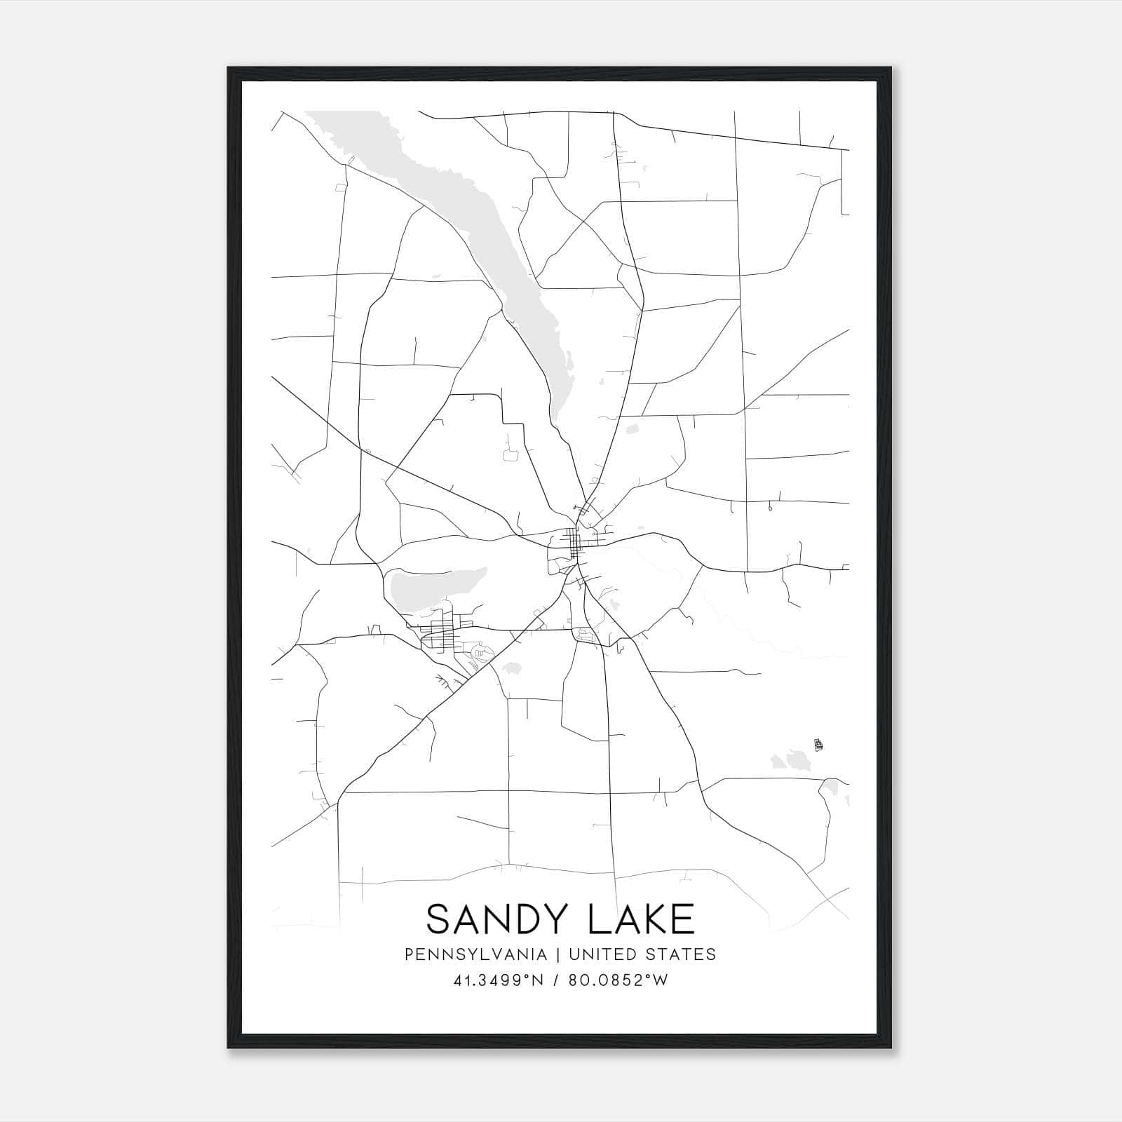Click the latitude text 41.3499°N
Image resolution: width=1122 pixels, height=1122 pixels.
[499, 980]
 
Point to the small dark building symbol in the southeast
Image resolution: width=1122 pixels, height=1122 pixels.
[818, 745]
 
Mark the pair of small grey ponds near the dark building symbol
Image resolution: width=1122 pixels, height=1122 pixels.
[790, 759]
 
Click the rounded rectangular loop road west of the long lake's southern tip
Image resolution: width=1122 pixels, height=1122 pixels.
[511, 454]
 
